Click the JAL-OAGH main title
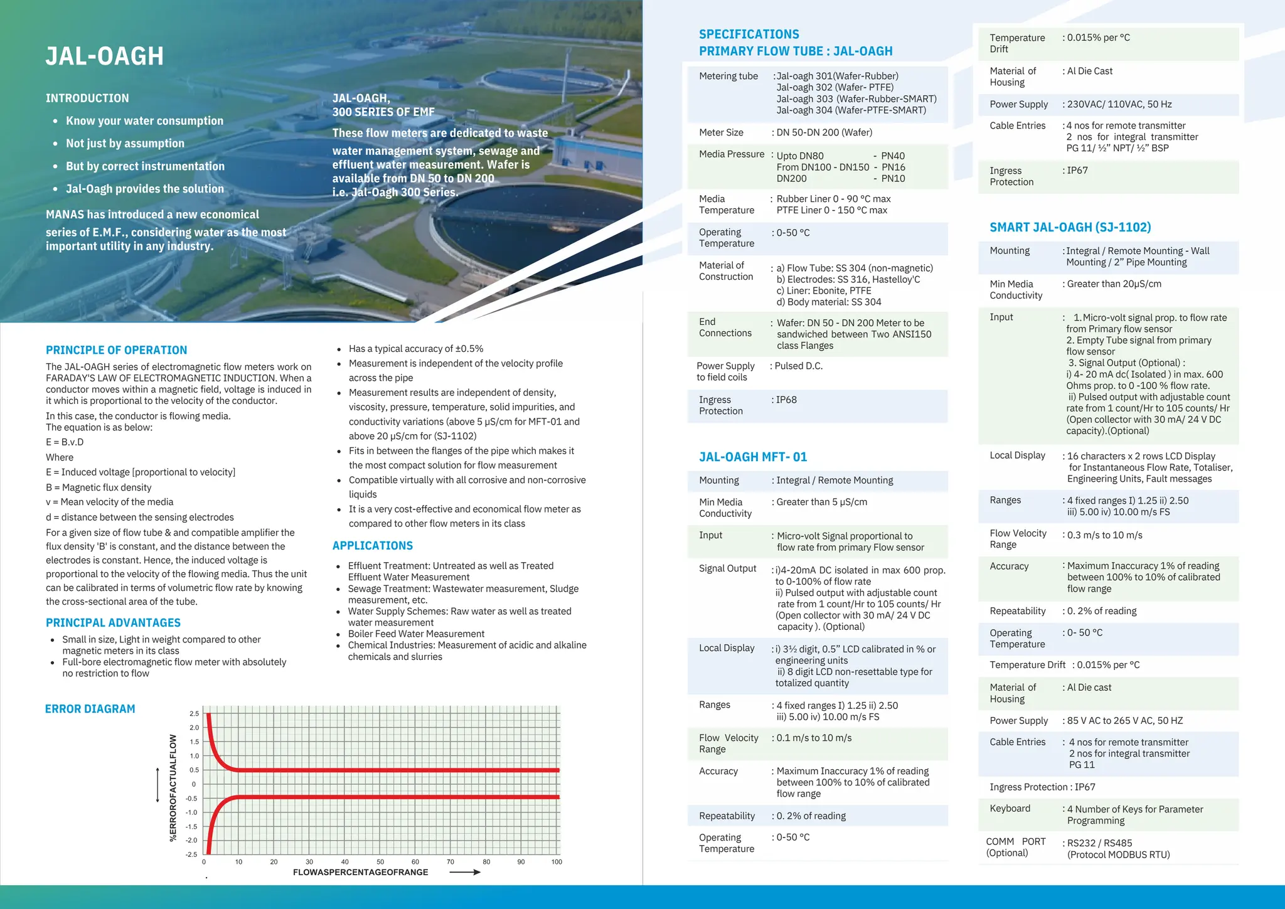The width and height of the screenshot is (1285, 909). (x=105, y=56)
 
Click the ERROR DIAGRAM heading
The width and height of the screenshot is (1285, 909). (x=90, y=709)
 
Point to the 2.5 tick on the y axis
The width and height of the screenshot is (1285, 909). (x=194, y=714)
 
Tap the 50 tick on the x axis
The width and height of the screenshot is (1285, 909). (x=380, y=862)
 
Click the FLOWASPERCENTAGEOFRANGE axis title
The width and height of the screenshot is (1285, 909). (x=360, y=872)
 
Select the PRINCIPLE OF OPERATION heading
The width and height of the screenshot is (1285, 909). (x=116, y=350)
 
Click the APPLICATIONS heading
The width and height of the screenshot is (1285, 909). (x=373, y=546)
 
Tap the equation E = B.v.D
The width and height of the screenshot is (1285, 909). (x=65, y=442)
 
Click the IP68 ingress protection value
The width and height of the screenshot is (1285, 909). (x=786, y=400)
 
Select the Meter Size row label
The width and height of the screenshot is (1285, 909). (x=721, y=132)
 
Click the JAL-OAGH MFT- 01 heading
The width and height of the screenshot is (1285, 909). (x=753, y=457)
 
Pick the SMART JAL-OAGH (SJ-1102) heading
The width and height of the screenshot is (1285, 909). (x=1070, y=227)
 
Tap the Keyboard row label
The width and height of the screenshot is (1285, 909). (x=1010, y=809)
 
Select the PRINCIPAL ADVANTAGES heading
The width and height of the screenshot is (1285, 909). (x=113, y=623)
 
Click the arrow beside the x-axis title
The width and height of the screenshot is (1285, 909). (x=465, y=872)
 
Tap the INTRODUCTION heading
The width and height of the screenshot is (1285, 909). (x=87, y=98)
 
